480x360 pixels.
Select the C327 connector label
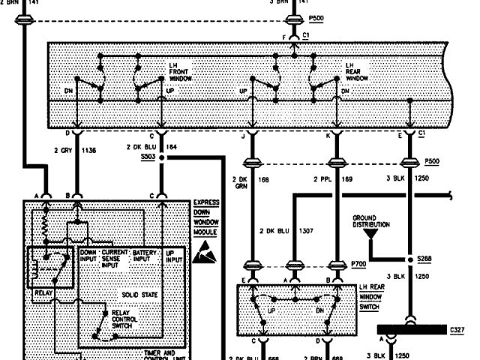[457, 328]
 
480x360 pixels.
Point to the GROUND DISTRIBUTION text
[373, 221]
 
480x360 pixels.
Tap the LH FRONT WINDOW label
[181, 72]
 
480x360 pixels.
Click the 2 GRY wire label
[63, 149]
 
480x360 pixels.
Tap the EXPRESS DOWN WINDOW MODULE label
[205, 217]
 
